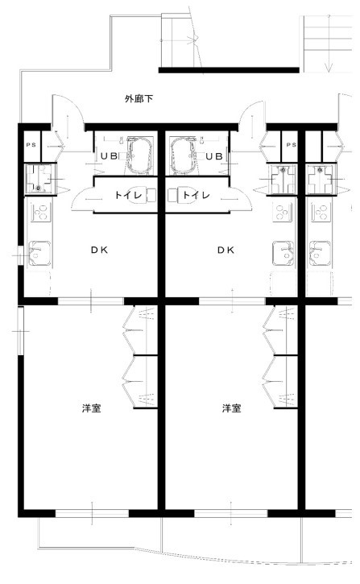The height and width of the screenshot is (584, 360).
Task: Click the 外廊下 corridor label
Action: coord(139,99)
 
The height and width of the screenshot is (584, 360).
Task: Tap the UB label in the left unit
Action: coord(110,156)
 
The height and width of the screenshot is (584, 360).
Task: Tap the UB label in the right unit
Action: coord(214,156)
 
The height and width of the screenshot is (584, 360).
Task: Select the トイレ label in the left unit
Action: coord(128,195)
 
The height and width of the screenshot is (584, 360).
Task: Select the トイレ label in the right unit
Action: coord(197,195)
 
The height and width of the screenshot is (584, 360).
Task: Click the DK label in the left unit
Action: coord(99,250)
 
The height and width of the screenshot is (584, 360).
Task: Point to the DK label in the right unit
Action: coord(226,250)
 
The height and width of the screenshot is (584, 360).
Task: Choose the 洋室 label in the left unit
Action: coord(92,408)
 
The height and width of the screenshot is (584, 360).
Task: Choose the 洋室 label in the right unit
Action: coord(232,408)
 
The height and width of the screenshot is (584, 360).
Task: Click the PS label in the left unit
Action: coord(31,144)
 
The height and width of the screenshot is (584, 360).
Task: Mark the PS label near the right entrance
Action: coord(292,144)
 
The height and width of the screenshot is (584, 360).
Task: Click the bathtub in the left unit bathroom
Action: coord(140,155)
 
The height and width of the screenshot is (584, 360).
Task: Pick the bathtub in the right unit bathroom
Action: coord(183,155)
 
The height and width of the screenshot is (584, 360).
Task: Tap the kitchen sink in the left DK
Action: coord(39,253)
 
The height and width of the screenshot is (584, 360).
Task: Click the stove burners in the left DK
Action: coord(40,213)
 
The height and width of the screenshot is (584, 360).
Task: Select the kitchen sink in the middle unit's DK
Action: coord(283,253)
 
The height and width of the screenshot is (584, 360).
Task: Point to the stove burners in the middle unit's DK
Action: coord(282,213)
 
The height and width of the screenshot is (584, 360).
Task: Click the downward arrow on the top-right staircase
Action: coord(329,43)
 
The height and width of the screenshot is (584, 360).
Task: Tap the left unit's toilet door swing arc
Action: coord(79,197)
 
